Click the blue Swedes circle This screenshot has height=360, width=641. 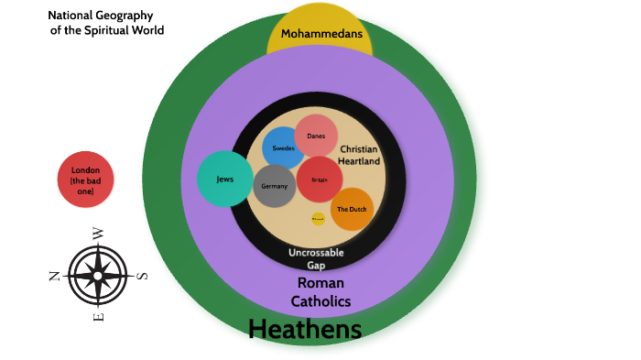point(283,147)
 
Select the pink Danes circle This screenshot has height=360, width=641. point(316,136)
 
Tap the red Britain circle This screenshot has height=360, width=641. point(320,180)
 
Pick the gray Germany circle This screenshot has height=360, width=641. point(275,186)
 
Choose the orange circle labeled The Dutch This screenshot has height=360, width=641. point(352,209)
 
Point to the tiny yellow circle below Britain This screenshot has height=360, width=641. point(318,219)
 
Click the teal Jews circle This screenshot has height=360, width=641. point(224,179)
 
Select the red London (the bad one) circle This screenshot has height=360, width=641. point(85,180)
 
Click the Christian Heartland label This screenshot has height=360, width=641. point(359,155)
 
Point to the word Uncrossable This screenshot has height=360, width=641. point(316,252)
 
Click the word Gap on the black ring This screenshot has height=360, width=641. point(316,266)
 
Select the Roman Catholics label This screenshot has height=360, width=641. point(320,291)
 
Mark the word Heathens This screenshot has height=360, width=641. point(305,330)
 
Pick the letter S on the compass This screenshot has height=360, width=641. point(142,276)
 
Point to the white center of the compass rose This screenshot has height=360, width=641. point(98,275)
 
